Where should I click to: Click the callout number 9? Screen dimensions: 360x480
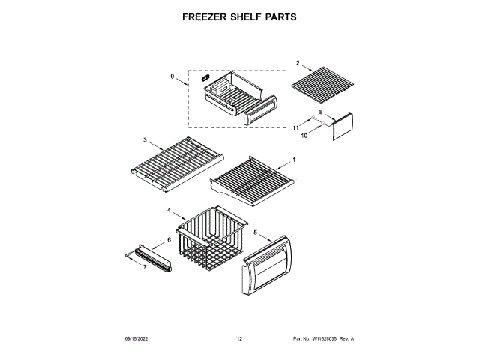click(172, 76)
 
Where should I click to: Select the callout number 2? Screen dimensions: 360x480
click(298, 63)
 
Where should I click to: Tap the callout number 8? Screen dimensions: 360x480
click(320, 112)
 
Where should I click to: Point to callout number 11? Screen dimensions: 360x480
click(296, 129)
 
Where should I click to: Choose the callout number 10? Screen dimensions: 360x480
click(305, 136)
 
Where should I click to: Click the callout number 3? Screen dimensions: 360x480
click(145, 139)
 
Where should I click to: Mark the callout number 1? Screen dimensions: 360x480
click(294, 160)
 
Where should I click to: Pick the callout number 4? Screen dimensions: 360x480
click(169, 211)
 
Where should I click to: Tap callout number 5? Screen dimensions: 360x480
click(255, 233)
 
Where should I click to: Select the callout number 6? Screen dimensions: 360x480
click(169, 239)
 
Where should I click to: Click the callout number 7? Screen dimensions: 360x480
click(145, 267)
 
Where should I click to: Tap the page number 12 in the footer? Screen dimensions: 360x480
click(240, 339)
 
